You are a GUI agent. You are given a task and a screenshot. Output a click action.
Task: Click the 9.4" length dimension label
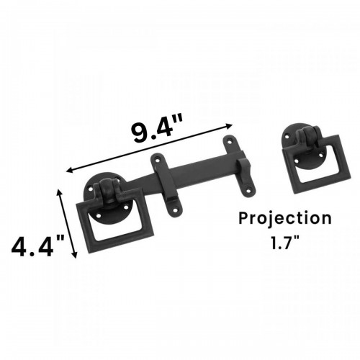pyautogui.click(x=164, y=130)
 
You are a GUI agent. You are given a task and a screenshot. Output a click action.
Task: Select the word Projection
pyautogui.click(x=286, y=218)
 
